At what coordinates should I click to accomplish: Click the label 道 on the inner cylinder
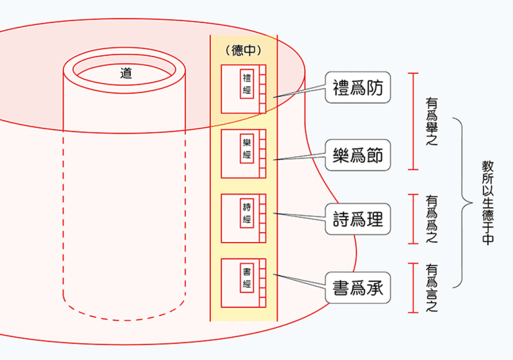click(126, 74)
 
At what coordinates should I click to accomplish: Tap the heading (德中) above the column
click(244, 51)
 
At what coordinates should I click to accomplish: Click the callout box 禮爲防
click(358, 89)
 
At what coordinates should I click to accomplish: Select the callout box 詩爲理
click(358, 219)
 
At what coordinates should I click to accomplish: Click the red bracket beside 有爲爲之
click(414, 219)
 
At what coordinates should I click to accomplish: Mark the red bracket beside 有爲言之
click(414, 287)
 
